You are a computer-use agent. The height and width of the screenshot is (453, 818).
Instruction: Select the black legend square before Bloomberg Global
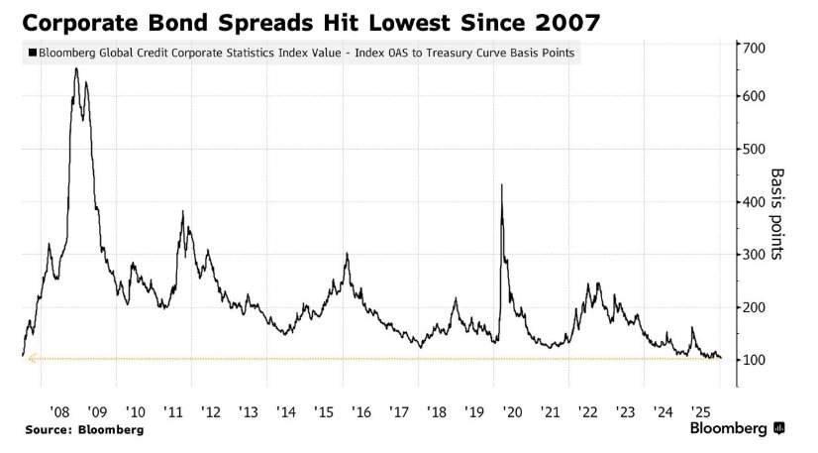click(33, 55)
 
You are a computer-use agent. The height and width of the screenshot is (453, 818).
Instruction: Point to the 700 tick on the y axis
click(756, 48)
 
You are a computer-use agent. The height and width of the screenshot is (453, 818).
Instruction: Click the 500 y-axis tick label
click(756, 149)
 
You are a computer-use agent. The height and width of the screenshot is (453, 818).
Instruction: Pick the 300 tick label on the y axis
click(756, 255)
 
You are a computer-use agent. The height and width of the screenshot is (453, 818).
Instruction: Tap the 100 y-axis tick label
click(756, 360)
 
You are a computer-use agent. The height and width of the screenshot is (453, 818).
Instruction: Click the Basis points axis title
click(778, 213)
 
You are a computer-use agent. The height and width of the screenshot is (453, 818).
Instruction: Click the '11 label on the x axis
click(172, 410)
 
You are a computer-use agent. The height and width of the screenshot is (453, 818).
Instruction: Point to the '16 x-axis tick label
click(361, 410)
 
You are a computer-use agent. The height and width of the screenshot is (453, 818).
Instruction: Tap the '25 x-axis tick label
click(699, 410)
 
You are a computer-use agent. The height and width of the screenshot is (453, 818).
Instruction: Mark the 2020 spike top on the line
click(502, 185)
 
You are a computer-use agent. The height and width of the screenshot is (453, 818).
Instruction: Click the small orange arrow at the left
click(32, 359)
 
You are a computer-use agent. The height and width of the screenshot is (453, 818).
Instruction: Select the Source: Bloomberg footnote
click(84, 429)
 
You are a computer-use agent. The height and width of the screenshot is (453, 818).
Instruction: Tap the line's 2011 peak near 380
click(182, 211)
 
